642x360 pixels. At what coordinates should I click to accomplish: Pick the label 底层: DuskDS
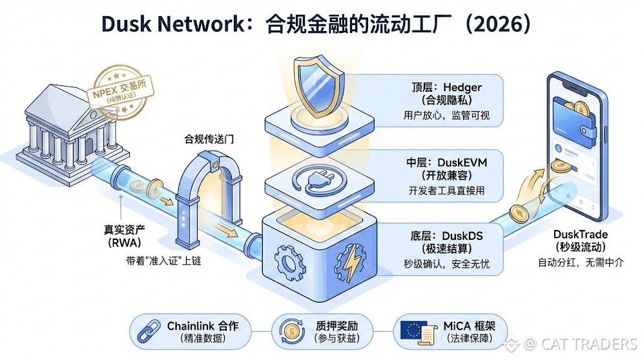tap(444, 236)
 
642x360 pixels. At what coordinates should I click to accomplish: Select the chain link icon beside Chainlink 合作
tap(151, 331)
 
